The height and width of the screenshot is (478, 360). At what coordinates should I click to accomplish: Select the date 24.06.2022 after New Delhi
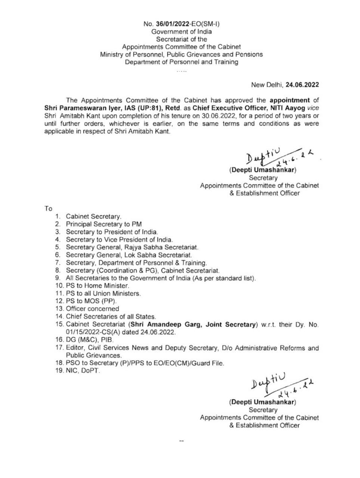[302, 84]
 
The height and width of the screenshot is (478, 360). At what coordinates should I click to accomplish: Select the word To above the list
[49, 208]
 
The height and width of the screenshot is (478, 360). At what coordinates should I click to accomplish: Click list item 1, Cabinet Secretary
[93, 216]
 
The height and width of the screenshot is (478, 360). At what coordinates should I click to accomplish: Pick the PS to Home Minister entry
[97, 286]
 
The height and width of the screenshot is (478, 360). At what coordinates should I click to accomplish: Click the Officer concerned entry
[92, 309]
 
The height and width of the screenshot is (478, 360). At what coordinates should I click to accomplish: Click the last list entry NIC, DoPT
[83, 371]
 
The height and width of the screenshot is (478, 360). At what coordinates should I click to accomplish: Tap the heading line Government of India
[181, 32]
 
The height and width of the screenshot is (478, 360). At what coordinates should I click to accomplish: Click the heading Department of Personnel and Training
[181, 62]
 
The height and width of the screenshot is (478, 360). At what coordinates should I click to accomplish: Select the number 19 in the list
[59, 371]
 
